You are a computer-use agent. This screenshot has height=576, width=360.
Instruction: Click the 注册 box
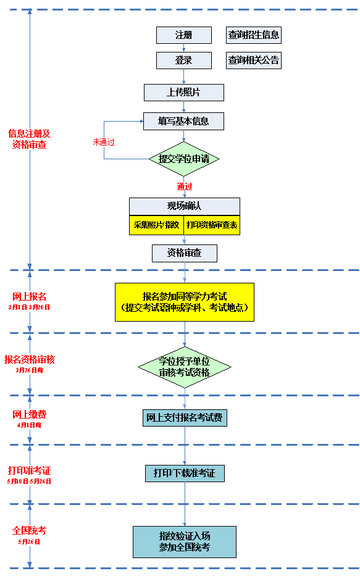(183, 35)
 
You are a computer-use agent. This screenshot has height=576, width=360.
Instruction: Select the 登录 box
(183, 61)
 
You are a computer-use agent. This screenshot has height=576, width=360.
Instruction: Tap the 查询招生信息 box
(254, 35)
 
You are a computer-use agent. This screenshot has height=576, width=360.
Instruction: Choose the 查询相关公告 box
(254, 61)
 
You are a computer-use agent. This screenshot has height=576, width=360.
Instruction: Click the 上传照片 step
(183, 93)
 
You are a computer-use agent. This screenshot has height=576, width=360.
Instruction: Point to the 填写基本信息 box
(183, 121)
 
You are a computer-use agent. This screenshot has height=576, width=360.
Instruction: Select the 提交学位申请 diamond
(184, 159)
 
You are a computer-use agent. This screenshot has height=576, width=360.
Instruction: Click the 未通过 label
(104, 142)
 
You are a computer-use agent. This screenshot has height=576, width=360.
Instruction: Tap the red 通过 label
(184, 186)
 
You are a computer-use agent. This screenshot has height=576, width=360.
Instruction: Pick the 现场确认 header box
(184, 206)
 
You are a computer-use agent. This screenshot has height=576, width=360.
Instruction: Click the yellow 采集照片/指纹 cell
(156, 225)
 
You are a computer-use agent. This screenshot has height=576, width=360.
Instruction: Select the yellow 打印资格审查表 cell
(212, 225)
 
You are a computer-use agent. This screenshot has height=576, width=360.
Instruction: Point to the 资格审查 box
(185, 253)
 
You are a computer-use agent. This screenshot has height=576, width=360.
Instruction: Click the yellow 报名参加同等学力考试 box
(184, 302)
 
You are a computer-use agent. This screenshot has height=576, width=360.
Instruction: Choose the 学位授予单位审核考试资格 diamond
(184, 367)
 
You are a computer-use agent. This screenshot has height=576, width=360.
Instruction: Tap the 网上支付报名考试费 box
(185, 418)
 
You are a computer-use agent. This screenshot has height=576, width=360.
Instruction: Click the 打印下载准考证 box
(185, 474)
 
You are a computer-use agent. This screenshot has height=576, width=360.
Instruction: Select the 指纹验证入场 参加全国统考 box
(185, 542)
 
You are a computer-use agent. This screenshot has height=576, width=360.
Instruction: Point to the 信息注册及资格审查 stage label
(29, 139)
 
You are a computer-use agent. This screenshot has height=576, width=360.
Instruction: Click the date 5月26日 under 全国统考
(29, 541)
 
